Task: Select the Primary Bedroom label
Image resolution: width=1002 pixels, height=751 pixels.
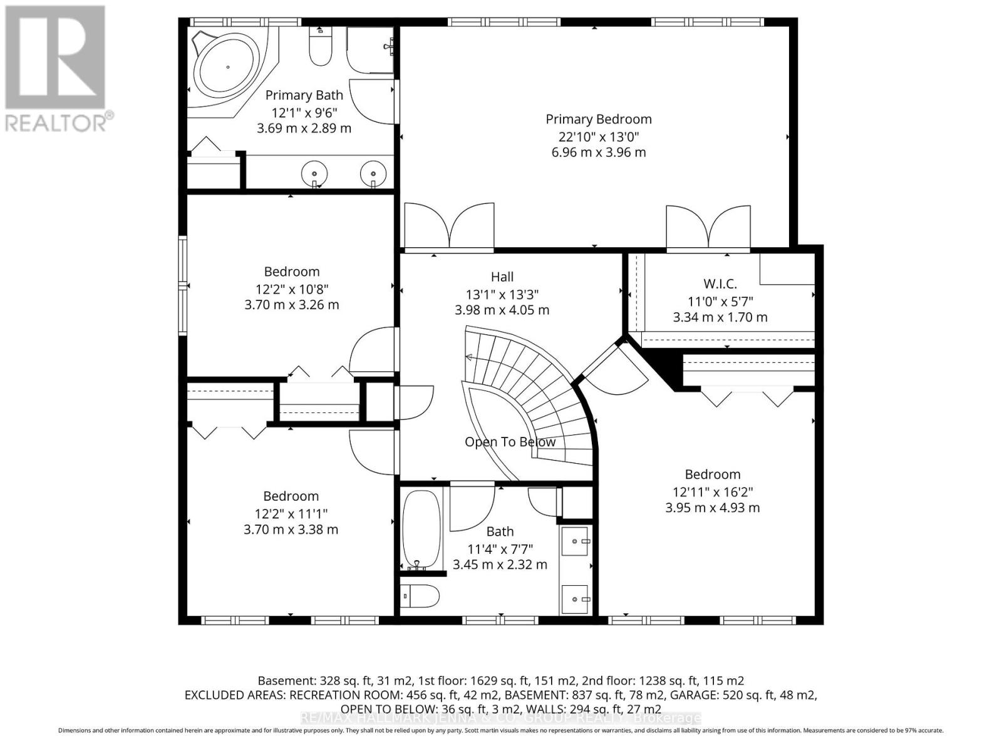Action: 598,119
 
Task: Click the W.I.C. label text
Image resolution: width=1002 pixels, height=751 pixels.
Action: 720,284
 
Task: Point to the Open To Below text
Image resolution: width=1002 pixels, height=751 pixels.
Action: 510,442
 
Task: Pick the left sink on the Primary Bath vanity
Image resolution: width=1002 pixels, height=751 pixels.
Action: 314,171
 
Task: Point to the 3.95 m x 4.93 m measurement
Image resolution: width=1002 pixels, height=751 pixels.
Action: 712,508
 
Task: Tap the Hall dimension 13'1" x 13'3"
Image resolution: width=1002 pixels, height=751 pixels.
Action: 502,294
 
